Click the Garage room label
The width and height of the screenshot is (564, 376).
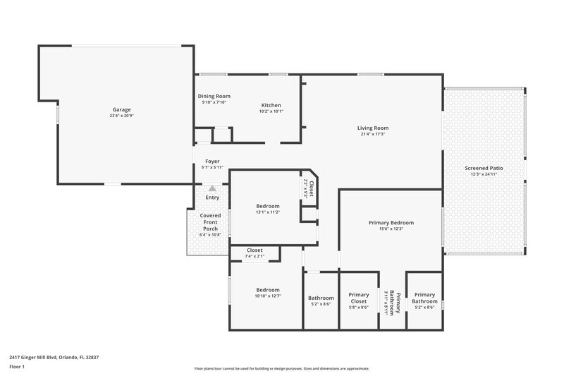pos(122,109)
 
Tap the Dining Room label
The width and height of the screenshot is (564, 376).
pos(214,96)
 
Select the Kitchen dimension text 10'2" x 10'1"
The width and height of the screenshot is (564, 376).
pos(271,111)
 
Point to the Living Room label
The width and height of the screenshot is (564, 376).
pos(372,128)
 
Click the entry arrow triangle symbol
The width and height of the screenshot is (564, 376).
pos(212,188)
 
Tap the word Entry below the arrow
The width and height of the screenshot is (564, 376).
pos(212,198)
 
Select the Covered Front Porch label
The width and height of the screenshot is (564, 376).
pos(211,222)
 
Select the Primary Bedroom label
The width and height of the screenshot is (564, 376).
pos(391,222)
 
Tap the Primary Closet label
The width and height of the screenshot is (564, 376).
pos(359,298)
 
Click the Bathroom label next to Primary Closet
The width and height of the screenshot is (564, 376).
pos(321,298)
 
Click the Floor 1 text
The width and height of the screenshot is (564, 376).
pos(18,368)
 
